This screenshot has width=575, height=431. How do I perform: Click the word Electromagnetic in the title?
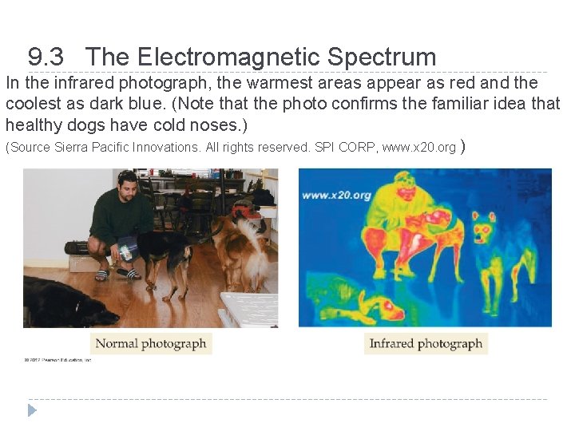pyautogui.click(x=228, y=57)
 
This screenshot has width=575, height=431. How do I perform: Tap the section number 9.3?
pyautogui.click(x=46, y=57)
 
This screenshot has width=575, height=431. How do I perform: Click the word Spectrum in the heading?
pyautogui.click(x=382, y=57)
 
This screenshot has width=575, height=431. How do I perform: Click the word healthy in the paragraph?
pyautogui.click(x=31, y=125)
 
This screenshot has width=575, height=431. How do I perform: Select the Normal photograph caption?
pyautogui.click(x=151, y=344)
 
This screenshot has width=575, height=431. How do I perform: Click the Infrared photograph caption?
pyautogui.click(x=426, y=344)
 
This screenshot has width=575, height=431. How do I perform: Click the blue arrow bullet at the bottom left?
pyautogui.click(x=32, y=410)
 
